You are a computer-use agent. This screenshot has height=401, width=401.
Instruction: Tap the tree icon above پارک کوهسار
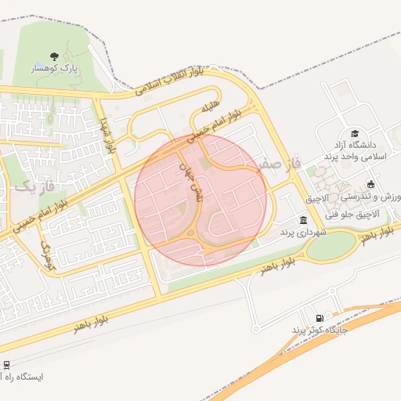(53, 56)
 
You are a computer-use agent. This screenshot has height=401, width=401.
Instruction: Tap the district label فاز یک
(36, 187)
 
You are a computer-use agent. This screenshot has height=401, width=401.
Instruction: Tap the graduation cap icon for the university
(354, 133)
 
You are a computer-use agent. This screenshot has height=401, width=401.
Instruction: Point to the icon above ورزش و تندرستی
(382, 184)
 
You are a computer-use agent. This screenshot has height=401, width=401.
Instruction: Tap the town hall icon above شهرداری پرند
(303, 220)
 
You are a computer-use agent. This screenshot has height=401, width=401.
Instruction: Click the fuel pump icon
(319, 318)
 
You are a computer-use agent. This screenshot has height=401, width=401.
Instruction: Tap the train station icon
(6, 364)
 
